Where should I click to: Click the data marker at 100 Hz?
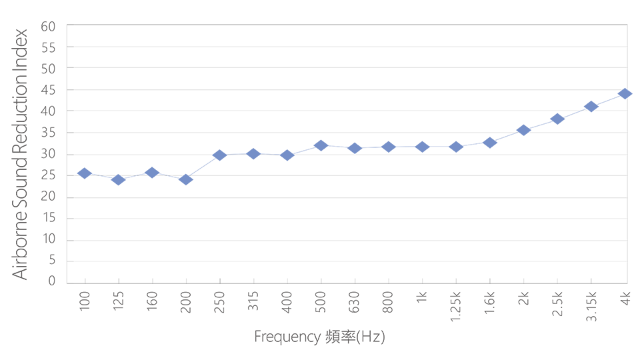click(85, 173)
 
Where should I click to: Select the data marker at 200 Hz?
click(186, 179)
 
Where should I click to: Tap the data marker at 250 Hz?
click(220, 155)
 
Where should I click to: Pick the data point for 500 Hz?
click(321, 145)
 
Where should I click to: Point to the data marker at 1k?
click(422, 147)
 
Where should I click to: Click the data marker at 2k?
click(523, 130)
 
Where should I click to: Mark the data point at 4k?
click(625, 93)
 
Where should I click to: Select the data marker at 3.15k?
click(591, 107)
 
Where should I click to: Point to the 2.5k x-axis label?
click(557, 303)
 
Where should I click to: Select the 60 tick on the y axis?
click(51, 26)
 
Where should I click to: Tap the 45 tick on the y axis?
click(51, 90)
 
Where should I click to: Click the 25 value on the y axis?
click(51, 175)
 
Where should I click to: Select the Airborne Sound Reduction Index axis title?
click(21, 154)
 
